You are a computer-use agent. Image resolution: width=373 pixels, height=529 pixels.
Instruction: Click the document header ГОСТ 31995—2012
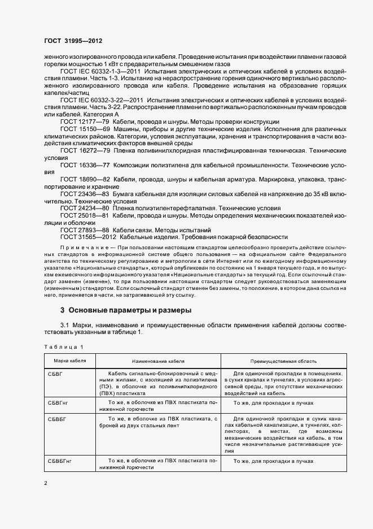pos(73,41)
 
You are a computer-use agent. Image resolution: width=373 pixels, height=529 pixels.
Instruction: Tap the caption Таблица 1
pos(63,346)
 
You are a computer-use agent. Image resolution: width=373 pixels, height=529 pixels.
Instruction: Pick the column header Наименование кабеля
pos(158,361)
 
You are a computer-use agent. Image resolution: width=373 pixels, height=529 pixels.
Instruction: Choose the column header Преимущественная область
pos(283,361)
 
